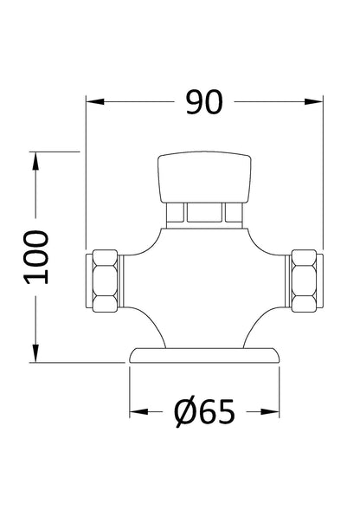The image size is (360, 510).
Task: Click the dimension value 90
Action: point(204,102)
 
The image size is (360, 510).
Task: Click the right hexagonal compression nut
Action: point(305,280)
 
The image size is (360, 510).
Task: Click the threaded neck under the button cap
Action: point(204,213)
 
